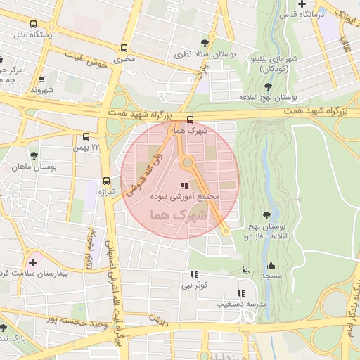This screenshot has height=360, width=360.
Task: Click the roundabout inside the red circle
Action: [188, 163]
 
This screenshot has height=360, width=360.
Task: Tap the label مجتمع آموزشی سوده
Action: [186, 198]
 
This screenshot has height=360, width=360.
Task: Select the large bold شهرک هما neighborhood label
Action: [179, 216]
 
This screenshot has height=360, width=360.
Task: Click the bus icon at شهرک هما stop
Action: [190, 120]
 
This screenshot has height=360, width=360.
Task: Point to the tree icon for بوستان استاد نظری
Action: [205, 43]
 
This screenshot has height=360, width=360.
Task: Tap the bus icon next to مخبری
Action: [124, 48]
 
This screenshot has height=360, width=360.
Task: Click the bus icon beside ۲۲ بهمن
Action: [86, 136]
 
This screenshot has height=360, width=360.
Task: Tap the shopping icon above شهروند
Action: [42, 79]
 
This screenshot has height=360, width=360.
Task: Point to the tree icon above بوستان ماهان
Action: [34, 155]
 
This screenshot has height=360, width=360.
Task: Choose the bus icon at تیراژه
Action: [106, 181]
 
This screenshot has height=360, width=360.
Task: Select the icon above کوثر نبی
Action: [194, 274]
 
